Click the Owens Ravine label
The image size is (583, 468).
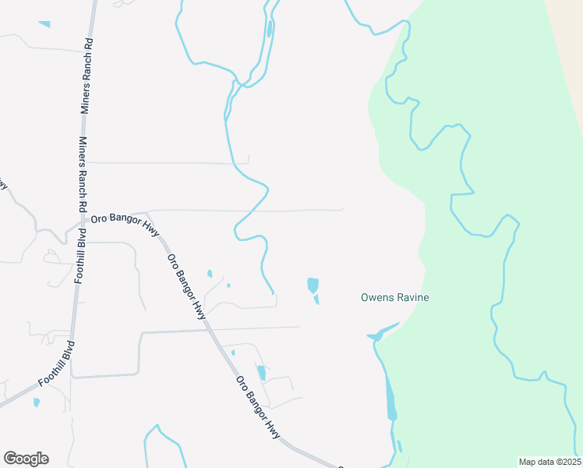pyautogui.click(x=394, y=297)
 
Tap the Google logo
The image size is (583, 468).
pyautogui.click(x=26, y=459)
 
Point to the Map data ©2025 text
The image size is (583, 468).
pyautogui.click(x=549, y=462)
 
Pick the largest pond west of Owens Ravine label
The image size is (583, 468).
pyautogui.click(x=313, y=285)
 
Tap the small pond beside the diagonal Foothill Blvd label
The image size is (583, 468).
pyautogui.click(x=36, y=402)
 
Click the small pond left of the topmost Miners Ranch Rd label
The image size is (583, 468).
pyautogui.click(x=44, y=24)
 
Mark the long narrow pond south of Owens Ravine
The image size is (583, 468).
pyautogui.click(x=390, y=399)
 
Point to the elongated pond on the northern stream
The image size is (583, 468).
pyautogui.click(x=270, y=29)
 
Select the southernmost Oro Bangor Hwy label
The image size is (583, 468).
pyautogui.click(x=258, y=407)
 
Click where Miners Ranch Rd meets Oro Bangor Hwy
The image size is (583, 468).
pyautogui.click(x=82, y=220)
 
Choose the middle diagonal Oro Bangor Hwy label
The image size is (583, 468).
pyautogui.click(x=186, y=285)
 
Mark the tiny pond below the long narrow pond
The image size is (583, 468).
pyautogui.click(x=400, y=446)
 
